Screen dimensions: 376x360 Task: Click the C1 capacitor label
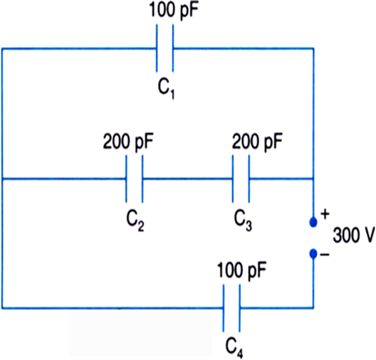[166, 89]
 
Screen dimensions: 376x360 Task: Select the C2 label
[135, 221]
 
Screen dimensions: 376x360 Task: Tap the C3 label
[243, 221]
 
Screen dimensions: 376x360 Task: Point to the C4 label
[234, 349]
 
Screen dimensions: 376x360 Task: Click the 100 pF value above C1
[174, 11]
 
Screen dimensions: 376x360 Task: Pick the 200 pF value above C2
[128, 142]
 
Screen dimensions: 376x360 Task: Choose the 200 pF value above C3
[257, 142]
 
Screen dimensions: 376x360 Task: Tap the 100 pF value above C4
[241, 271]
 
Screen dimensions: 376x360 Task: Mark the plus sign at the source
[325, 214]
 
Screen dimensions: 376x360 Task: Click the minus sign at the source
[325, 255]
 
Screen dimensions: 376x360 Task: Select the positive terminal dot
[313, 222]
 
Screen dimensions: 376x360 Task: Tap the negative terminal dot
[313, 254]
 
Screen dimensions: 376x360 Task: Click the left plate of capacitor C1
[157, 48]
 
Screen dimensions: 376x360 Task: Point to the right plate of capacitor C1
[173, 48]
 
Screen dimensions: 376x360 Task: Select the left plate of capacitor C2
[126, 179]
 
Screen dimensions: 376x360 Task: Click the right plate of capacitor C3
[249, 179]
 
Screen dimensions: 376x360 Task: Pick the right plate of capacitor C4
[239, 308]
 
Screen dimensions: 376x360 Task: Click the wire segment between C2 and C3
[187, 179]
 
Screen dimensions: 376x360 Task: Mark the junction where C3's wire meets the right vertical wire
[313, 179]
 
